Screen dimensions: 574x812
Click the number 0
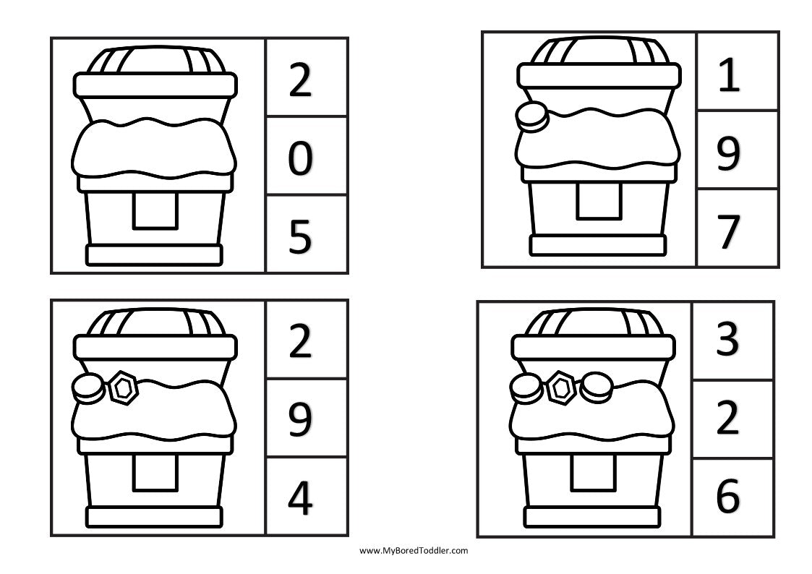click(299, 160)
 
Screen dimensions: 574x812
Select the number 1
click(729, 77)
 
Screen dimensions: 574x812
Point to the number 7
click(729, 232)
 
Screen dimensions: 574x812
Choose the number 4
click(299, 499)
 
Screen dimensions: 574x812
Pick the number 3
click(727, 341)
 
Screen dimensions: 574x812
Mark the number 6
click(727, 497)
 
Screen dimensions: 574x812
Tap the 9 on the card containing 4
click(299, 421)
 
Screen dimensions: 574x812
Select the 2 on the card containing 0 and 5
click(299, 82)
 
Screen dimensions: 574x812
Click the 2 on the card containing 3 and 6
click(727, 419)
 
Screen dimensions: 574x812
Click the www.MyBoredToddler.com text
click(414, 550)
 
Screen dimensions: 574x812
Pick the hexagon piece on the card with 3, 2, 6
click(561, 388)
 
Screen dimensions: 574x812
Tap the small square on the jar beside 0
click(155, 212)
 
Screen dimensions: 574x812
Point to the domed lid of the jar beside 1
click(597, 51)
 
